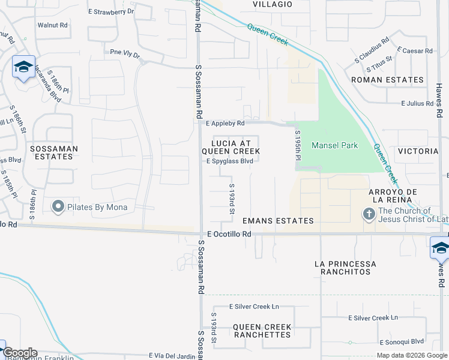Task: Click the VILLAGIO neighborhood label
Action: click(272, 4)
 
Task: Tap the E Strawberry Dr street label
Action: click(111, 11)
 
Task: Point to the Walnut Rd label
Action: click(52, 25)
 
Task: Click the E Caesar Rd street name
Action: click(415, 51)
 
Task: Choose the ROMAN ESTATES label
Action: click(387, 79)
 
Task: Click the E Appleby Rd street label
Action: click(225, 124)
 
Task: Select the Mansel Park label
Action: click(334, 146)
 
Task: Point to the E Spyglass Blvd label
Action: click(229, 161)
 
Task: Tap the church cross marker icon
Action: click(369, 214)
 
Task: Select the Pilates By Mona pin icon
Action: click(58, 207)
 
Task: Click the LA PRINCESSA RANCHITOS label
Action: click(346, 268)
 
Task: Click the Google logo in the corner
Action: click(20, 353)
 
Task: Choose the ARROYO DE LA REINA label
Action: click(389, 195)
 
